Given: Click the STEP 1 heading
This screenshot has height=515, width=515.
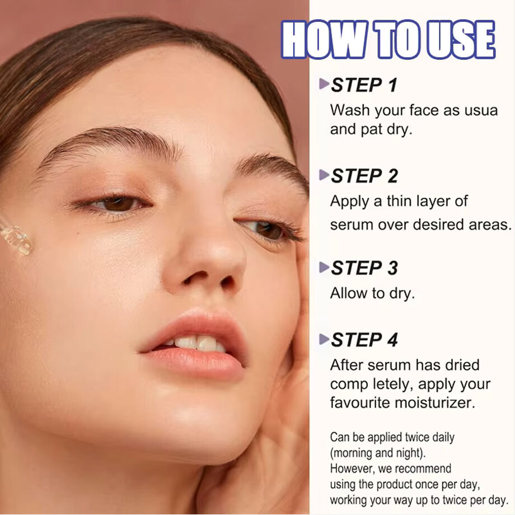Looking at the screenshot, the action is [x=364, y=85].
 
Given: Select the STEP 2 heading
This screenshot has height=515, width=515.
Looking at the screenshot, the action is [x=364, y=176].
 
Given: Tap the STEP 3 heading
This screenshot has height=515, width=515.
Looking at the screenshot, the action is [x=364, y=268].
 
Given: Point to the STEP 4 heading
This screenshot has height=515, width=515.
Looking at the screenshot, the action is [x=364, y=340].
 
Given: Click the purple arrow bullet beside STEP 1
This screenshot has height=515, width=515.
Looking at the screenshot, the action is [x=324, y=84].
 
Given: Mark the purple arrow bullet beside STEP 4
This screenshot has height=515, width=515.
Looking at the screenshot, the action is [x=324, y=339].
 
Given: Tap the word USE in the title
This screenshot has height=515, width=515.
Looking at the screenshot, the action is [x=461, y=39].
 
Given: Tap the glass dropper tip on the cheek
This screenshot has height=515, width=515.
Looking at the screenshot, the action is [x=16, y=239].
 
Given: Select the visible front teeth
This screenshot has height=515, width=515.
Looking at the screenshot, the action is [x=194, y=343].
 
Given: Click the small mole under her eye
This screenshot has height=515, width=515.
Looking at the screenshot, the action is [x=78, y=233].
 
